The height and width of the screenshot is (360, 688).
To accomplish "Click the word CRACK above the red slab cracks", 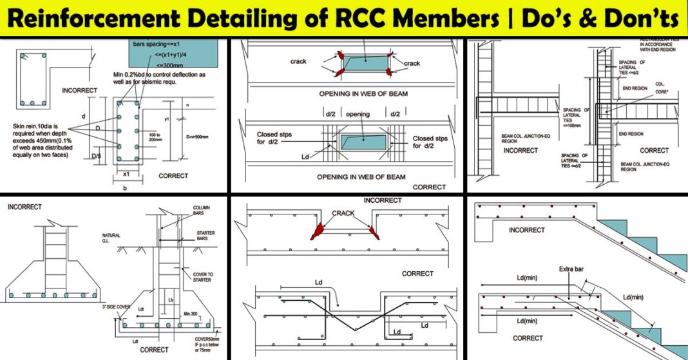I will tap(344, 213).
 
